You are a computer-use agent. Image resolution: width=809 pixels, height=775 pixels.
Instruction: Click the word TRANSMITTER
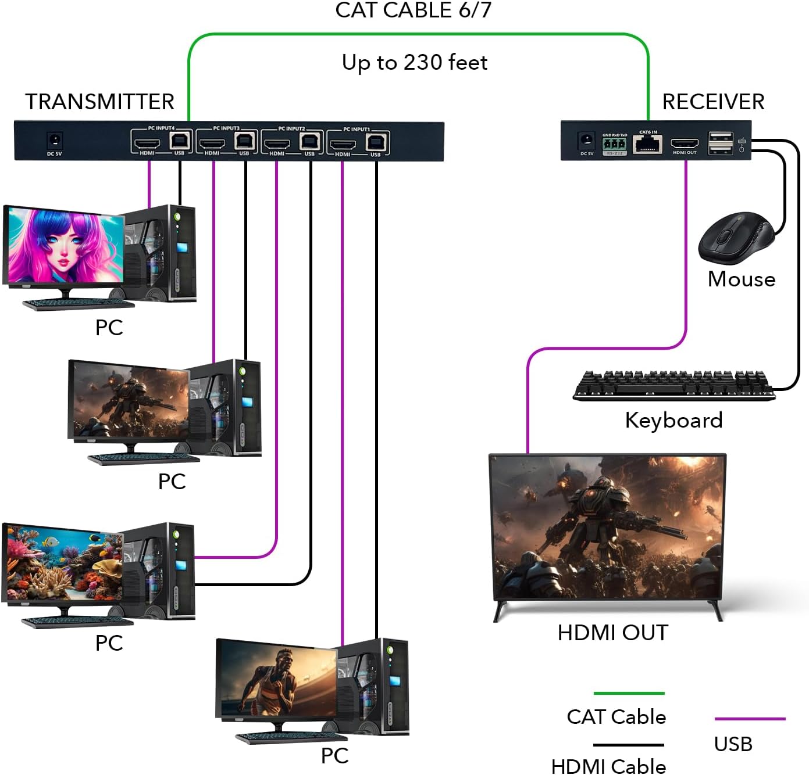99,102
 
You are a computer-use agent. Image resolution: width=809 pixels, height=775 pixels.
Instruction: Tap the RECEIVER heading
713,102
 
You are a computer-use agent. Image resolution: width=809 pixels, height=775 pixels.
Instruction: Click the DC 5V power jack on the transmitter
55,140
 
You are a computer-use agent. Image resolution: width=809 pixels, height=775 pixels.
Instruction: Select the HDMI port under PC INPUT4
147,142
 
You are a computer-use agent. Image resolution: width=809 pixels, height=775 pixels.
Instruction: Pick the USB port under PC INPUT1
376,142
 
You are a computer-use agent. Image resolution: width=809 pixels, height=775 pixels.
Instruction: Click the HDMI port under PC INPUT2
277,142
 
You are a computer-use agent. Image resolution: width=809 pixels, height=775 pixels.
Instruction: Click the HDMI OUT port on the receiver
685,143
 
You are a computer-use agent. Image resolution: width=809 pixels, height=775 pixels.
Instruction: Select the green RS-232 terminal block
615,143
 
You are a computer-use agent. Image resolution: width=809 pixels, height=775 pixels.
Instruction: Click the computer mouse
736,238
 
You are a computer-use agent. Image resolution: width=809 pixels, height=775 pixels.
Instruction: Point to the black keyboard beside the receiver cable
673,385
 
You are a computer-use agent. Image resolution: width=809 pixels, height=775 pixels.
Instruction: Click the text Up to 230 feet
414,62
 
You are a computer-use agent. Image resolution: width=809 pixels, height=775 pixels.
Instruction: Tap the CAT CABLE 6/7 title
413,10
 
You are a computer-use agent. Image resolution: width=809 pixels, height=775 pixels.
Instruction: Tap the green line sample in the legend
629,693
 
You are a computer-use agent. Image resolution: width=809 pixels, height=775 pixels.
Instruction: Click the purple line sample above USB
750,719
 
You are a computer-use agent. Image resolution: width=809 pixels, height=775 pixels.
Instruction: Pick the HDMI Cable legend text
608,766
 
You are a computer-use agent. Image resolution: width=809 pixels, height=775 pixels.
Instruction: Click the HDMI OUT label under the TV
612,633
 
